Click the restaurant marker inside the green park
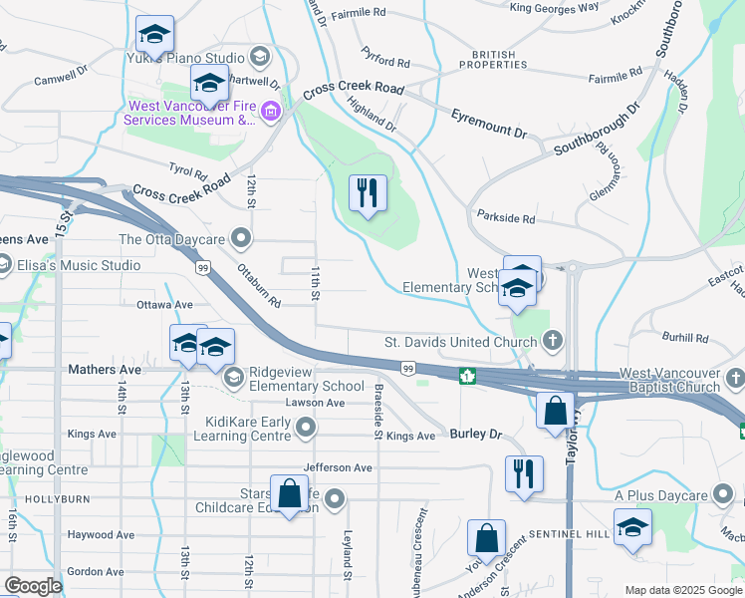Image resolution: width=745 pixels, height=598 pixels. (x=368, y=192)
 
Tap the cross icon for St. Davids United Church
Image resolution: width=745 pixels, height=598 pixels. (x=553, y=342)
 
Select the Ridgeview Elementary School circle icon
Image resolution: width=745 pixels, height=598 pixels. (x=234, y=377)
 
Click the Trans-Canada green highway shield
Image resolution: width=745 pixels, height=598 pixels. (x=465, y=377)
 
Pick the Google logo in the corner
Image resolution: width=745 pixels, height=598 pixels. (x=33, y=585)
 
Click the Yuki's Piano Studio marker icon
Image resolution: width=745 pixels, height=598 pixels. (x=261, y=55)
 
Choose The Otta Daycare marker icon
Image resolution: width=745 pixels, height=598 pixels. (x=240, y=238)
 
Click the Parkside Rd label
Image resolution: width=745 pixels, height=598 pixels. (x=506, y=217)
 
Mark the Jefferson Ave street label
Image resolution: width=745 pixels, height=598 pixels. (x=338, y=466)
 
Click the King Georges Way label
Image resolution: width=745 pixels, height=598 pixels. (x=554, y=8)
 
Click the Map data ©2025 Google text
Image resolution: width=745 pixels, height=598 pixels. (x=682, y=589)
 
